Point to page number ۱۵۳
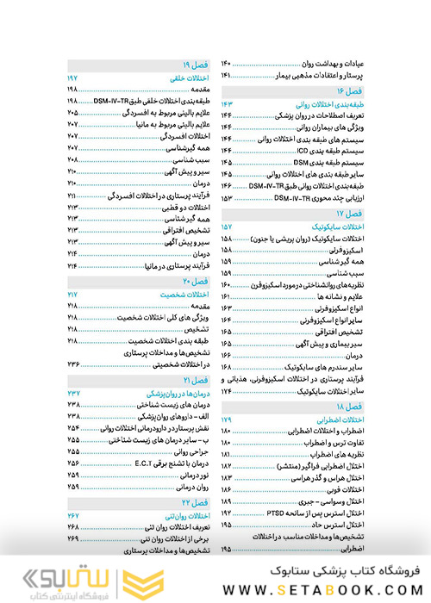point(227,198)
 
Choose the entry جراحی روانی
point(193,451)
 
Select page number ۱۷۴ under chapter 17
point(227,392)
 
